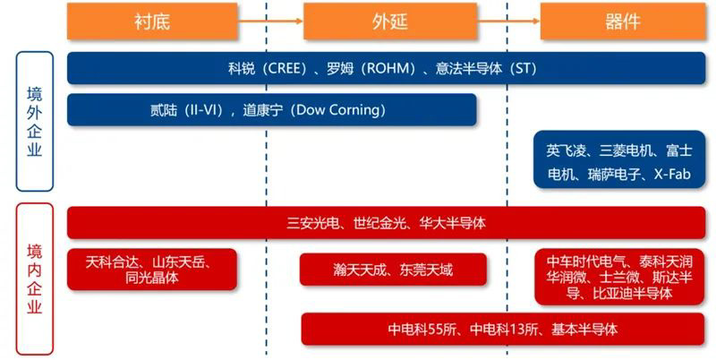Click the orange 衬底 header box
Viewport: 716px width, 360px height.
click(152, 21)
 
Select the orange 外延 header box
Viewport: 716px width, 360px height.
click(388, 21)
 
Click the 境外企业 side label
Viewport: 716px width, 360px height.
click(34, 121)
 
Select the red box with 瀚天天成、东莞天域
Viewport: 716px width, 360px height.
click(393, 270)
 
